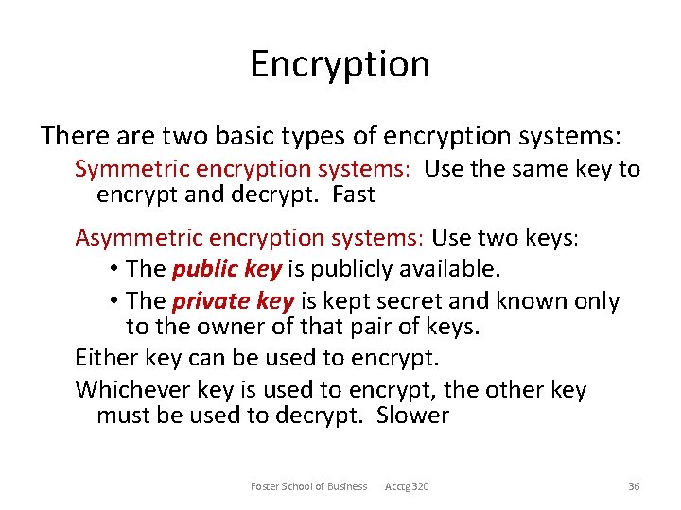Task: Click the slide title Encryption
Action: (x=340, y=64)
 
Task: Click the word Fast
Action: (x=355, y=195)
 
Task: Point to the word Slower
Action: (x=412, y=416)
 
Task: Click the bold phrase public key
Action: (x=227, y=270)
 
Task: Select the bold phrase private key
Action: (x=233, y=302)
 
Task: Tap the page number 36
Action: (x=634, y=486)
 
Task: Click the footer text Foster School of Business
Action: (x=308, y=486)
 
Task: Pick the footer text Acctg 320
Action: (x=407, y=486)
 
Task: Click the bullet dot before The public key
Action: (x=113, y=270)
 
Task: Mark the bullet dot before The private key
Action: (x=113, y=302)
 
